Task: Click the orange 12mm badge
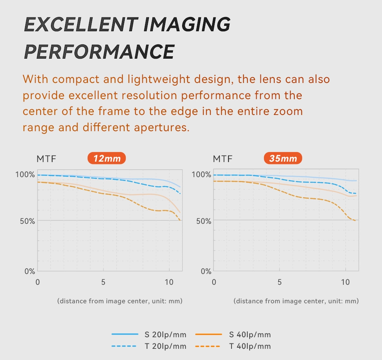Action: click(106, 159)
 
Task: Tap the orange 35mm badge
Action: click(283, 159)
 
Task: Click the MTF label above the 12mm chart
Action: click(46, 159)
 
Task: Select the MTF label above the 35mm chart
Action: click(223, 159)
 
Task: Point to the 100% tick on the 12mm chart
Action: click(25, 174)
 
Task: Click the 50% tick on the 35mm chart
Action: click(201, 221)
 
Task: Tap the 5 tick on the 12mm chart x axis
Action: click(103, 282)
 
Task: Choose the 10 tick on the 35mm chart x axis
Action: click(345, 282)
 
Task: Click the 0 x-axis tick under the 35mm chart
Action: click(214, 282)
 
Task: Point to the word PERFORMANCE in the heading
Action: click(99, 52)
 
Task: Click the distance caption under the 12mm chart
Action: click(120, 301)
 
